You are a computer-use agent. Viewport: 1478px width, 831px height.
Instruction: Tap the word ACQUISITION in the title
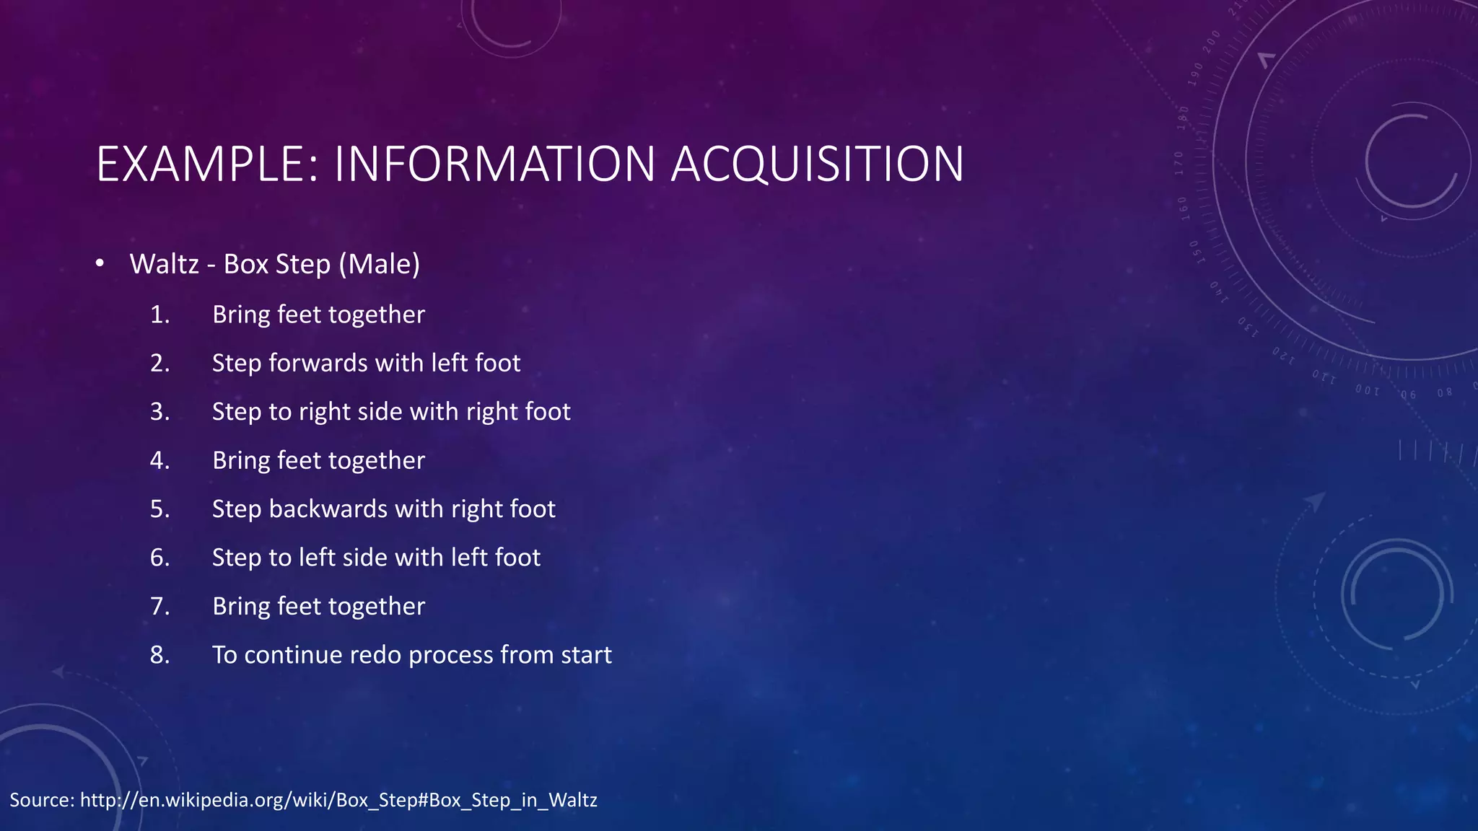pyautogui.click(x=818, y=164)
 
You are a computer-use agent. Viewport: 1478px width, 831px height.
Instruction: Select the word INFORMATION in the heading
pyautogui.click(x=494, y=164)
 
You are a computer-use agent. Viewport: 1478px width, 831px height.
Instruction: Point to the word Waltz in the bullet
pyautogui.click(x=164, y=264)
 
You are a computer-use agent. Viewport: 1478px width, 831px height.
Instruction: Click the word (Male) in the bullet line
pyautogui.click(x=379, y=264)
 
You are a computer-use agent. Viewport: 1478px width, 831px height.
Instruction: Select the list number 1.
pyautogui.click(x=159, y=315)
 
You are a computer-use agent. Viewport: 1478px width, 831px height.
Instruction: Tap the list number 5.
pyautogui.click(x=159, y=509)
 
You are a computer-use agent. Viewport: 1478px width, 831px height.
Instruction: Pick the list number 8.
pyautogui.click(x=159, y=655)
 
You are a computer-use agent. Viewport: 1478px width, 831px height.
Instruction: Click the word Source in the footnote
pyautogui.click(x=41, y=800)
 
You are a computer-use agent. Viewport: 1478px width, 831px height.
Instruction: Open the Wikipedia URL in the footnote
pyautogui.click(x=338, y=800)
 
